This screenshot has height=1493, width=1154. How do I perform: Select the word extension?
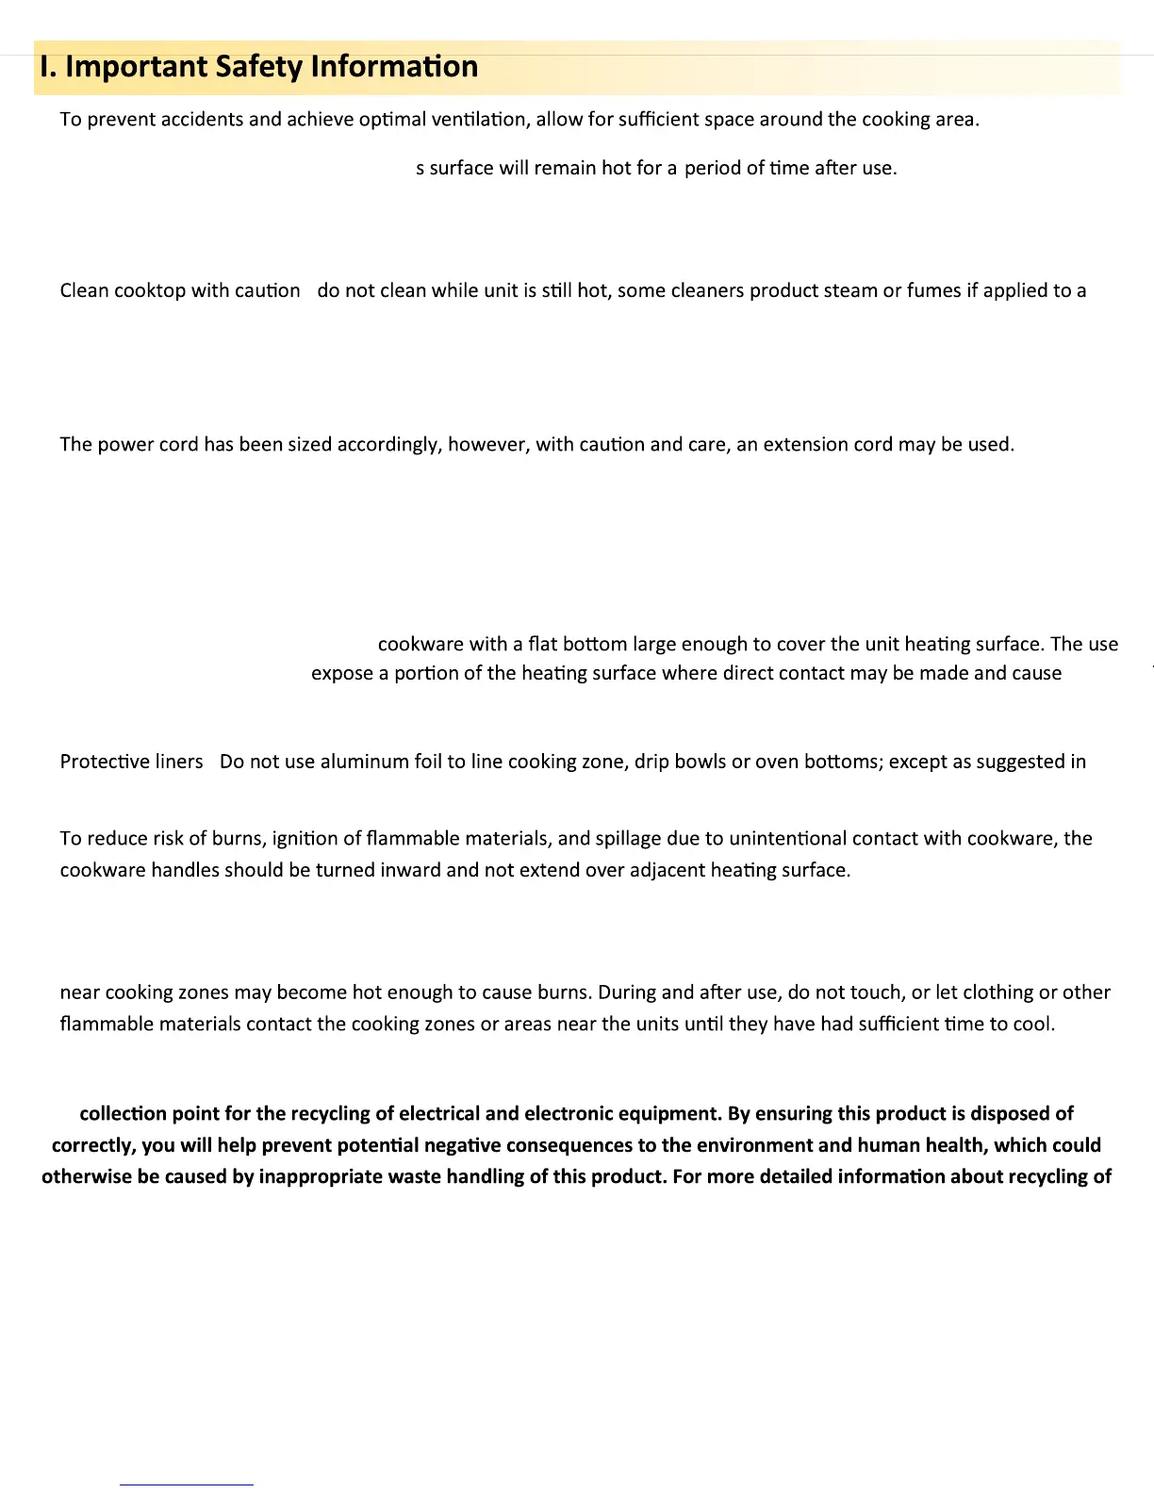[x=806, y=445]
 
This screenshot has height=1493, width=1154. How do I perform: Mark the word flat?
[x=543, y=645]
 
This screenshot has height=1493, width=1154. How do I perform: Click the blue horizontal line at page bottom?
[x=186, y=1485]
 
